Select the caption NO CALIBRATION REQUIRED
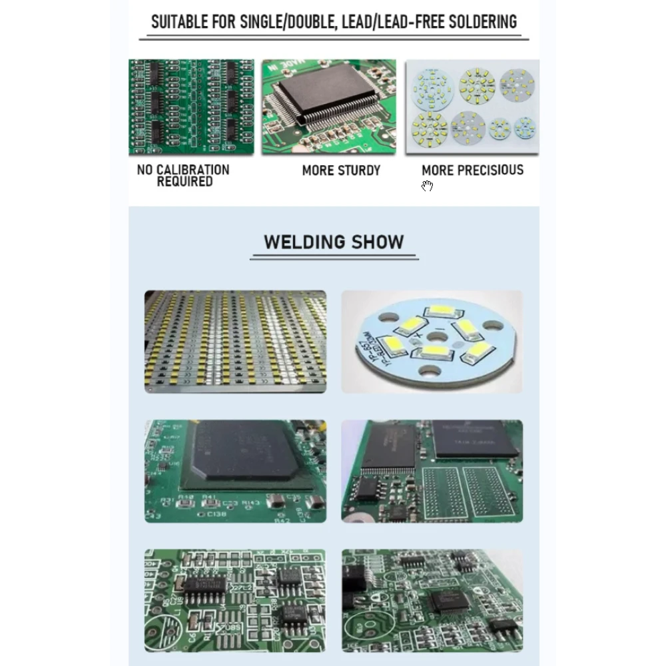pyautogui.click(x=183, y=176)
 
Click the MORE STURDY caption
pyautogui.click(x=341, y=170)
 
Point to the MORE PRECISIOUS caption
pyautogui.click(x=472, y=170)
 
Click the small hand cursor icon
pyautogui.click(x=427, y=186)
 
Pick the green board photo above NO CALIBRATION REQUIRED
pyautogui.click(x=191, y=107)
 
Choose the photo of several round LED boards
pyautogui.click(x=472, y=107)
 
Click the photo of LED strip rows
pyautogui.click(x=235, y=341)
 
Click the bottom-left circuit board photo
pyautogui.click(x=235, y=600)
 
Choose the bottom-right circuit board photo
pyautogui.click(x=432, y=600)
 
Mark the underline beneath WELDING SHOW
pyautogui.click(x=334, y=257)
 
